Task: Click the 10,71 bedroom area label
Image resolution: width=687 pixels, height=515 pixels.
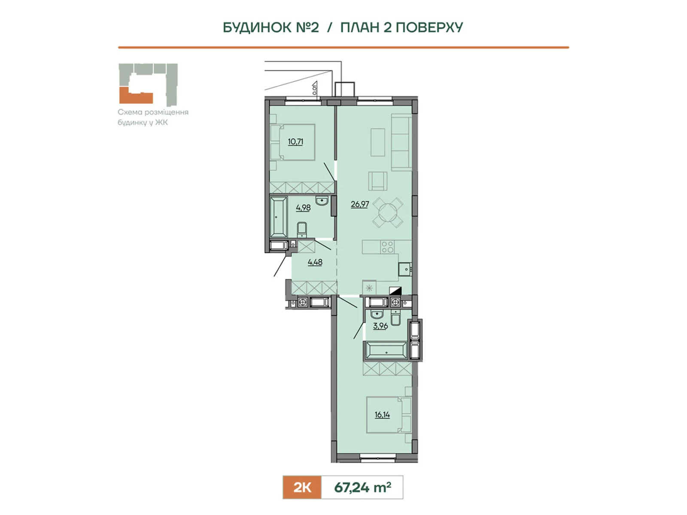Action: click(x=295, y=142)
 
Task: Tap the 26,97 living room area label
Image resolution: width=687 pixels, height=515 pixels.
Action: click(x=360, y=204)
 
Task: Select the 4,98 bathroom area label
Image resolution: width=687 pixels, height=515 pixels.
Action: click(x=303, y=208)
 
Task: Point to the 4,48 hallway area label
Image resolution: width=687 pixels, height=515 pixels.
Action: click(x=315, y=262)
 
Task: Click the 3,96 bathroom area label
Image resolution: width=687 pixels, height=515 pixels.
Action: click(x=380, y=326)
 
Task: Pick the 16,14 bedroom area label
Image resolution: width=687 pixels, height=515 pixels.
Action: click(x=382, y=415)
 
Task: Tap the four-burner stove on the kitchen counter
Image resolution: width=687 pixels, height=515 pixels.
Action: click(x=387, y=247)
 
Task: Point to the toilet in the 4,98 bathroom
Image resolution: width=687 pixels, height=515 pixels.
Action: click(x=302, y=229)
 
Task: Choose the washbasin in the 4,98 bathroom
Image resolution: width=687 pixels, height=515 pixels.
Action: click(x=322, y=201)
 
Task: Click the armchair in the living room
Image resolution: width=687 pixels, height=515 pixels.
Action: click(x=378, y=181)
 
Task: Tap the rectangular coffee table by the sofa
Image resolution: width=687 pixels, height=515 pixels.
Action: click(x=378, y=142)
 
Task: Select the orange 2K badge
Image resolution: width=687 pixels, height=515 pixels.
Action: click(x=302, y=487)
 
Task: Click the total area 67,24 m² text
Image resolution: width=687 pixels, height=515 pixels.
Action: click(x=362, y=487)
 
